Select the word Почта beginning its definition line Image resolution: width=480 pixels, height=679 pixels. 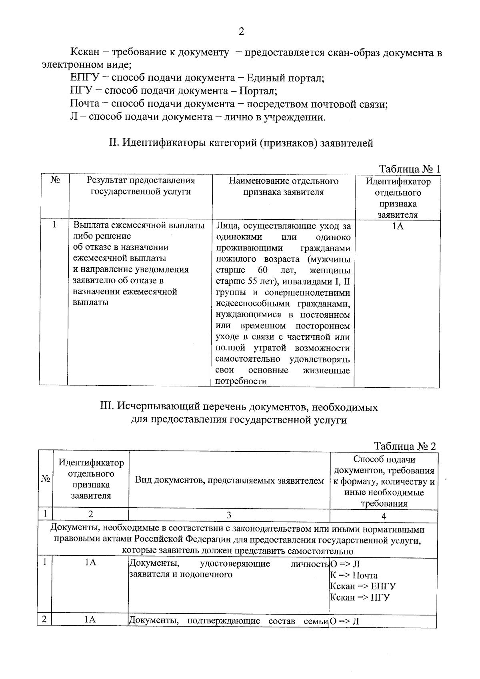point(84,104)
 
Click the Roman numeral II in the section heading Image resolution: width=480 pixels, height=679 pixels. point(113,143)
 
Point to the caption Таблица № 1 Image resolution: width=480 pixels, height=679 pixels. point(409,169)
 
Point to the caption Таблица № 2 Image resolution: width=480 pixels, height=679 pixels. point(405,446)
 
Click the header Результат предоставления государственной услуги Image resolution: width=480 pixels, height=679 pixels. point(140,186)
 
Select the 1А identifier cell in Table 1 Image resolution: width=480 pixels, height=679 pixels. point(397,226)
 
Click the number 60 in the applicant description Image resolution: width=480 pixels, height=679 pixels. point(262,270)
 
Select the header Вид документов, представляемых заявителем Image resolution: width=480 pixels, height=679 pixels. point(229,481)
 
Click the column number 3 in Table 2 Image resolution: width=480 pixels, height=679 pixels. point(229,515)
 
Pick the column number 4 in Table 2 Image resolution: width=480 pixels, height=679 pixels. point(384,516)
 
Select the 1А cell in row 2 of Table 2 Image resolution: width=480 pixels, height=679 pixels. point(90,620)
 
